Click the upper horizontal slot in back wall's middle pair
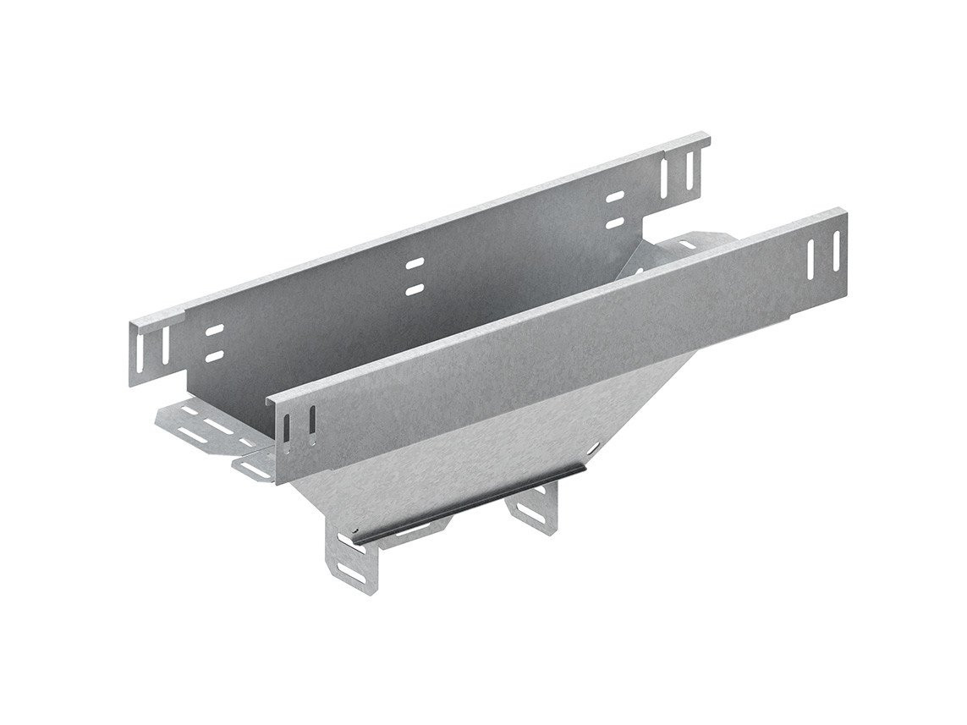[x=414, y=265]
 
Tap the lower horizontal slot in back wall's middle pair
[x=414, y=288]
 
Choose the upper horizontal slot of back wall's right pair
[x=615, y=196]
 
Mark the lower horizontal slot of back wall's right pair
[x=615, y=222]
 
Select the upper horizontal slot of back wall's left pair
[x=214, y=331]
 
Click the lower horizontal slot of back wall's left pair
[x=213, y=356]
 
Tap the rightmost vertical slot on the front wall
[x=835, y=249]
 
